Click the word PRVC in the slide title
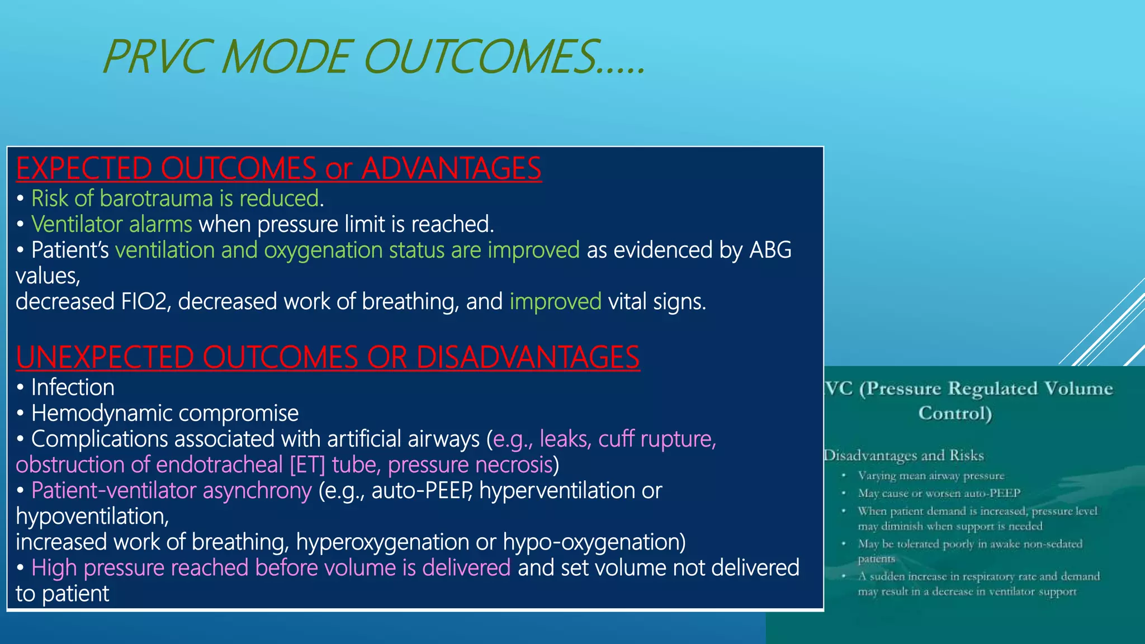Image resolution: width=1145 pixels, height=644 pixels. [x=155, y=57]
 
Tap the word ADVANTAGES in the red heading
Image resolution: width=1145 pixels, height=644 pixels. [x=451, y=168]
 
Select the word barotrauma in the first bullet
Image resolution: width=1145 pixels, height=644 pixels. [x=157, y=198]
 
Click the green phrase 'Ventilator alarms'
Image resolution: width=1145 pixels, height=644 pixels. [x=112, y=224]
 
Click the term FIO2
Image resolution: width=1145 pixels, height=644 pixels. [x=146, y=302]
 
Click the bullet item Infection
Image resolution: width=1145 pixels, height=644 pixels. [x=73, y=387]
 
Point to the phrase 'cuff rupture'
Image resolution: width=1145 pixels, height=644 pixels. [x=657, y=439]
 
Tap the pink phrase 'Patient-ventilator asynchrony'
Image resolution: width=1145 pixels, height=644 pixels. [x=171, y=490]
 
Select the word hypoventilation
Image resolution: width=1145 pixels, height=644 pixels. [x=92, y=516]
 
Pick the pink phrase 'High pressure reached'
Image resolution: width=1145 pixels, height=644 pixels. [x=140, y=567]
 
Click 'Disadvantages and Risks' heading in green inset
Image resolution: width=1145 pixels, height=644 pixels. [x=903, y=456]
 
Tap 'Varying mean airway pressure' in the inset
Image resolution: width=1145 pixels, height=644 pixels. [x=931, y=476]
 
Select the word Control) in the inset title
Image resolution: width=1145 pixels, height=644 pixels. [x=955, y=413]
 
